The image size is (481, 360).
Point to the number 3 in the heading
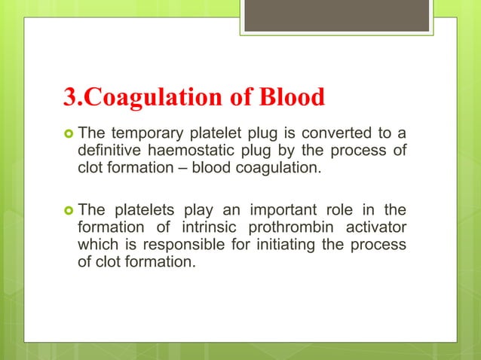[67, 97]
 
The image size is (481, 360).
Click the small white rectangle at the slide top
[336, 16]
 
